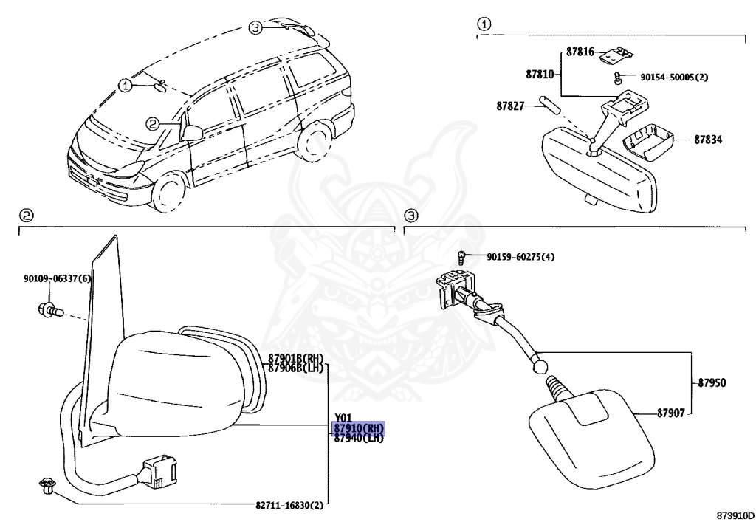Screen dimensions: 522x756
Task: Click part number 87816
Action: pos(580,52)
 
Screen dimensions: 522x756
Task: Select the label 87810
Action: pos(540,75)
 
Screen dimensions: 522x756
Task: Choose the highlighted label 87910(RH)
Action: pos(359,428)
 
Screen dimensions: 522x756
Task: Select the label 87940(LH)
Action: pos(359,438)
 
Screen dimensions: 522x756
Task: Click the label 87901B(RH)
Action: pos(296,359)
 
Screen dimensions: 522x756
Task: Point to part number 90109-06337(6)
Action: pos(57,278)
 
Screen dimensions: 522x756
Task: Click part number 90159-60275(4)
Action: pos(520,257)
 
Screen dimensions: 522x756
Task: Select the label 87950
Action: pos(712,383)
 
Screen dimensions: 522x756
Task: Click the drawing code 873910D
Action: pos(735,513)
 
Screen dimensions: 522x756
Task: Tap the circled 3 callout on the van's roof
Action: pos(255,28)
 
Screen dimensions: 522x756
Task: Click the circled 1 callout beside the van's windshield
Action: pos(126,86)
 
